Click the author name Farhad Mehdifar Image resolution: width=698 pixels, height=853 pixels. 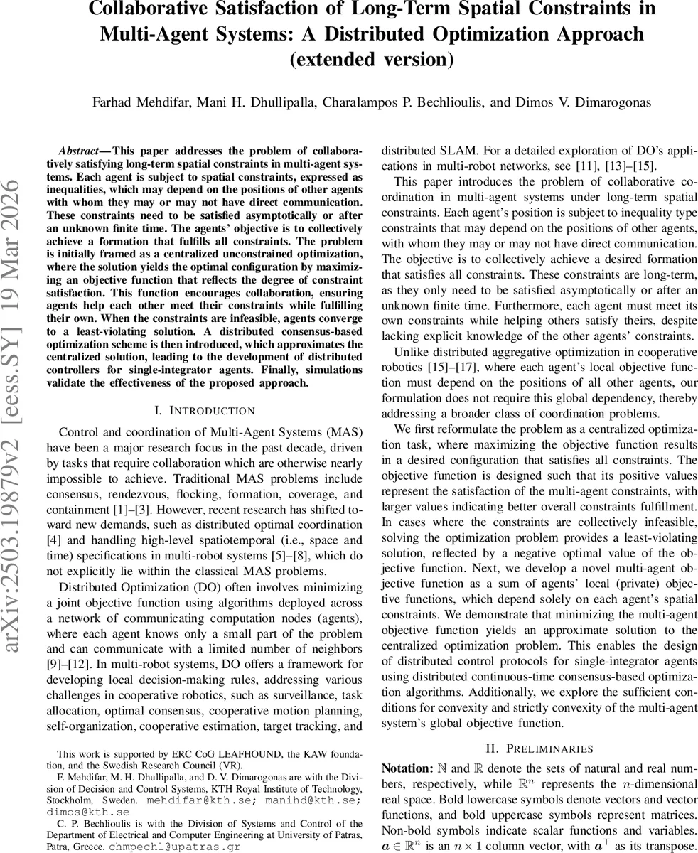coord(135,102)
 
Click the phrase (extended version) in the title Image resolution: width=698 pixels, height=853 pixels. coord(371,58)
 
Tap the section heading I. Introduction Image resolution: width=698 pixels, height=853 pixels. coord(204,410)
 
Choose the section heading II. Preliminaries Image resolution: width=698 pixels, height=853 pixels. coord(539,749)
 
